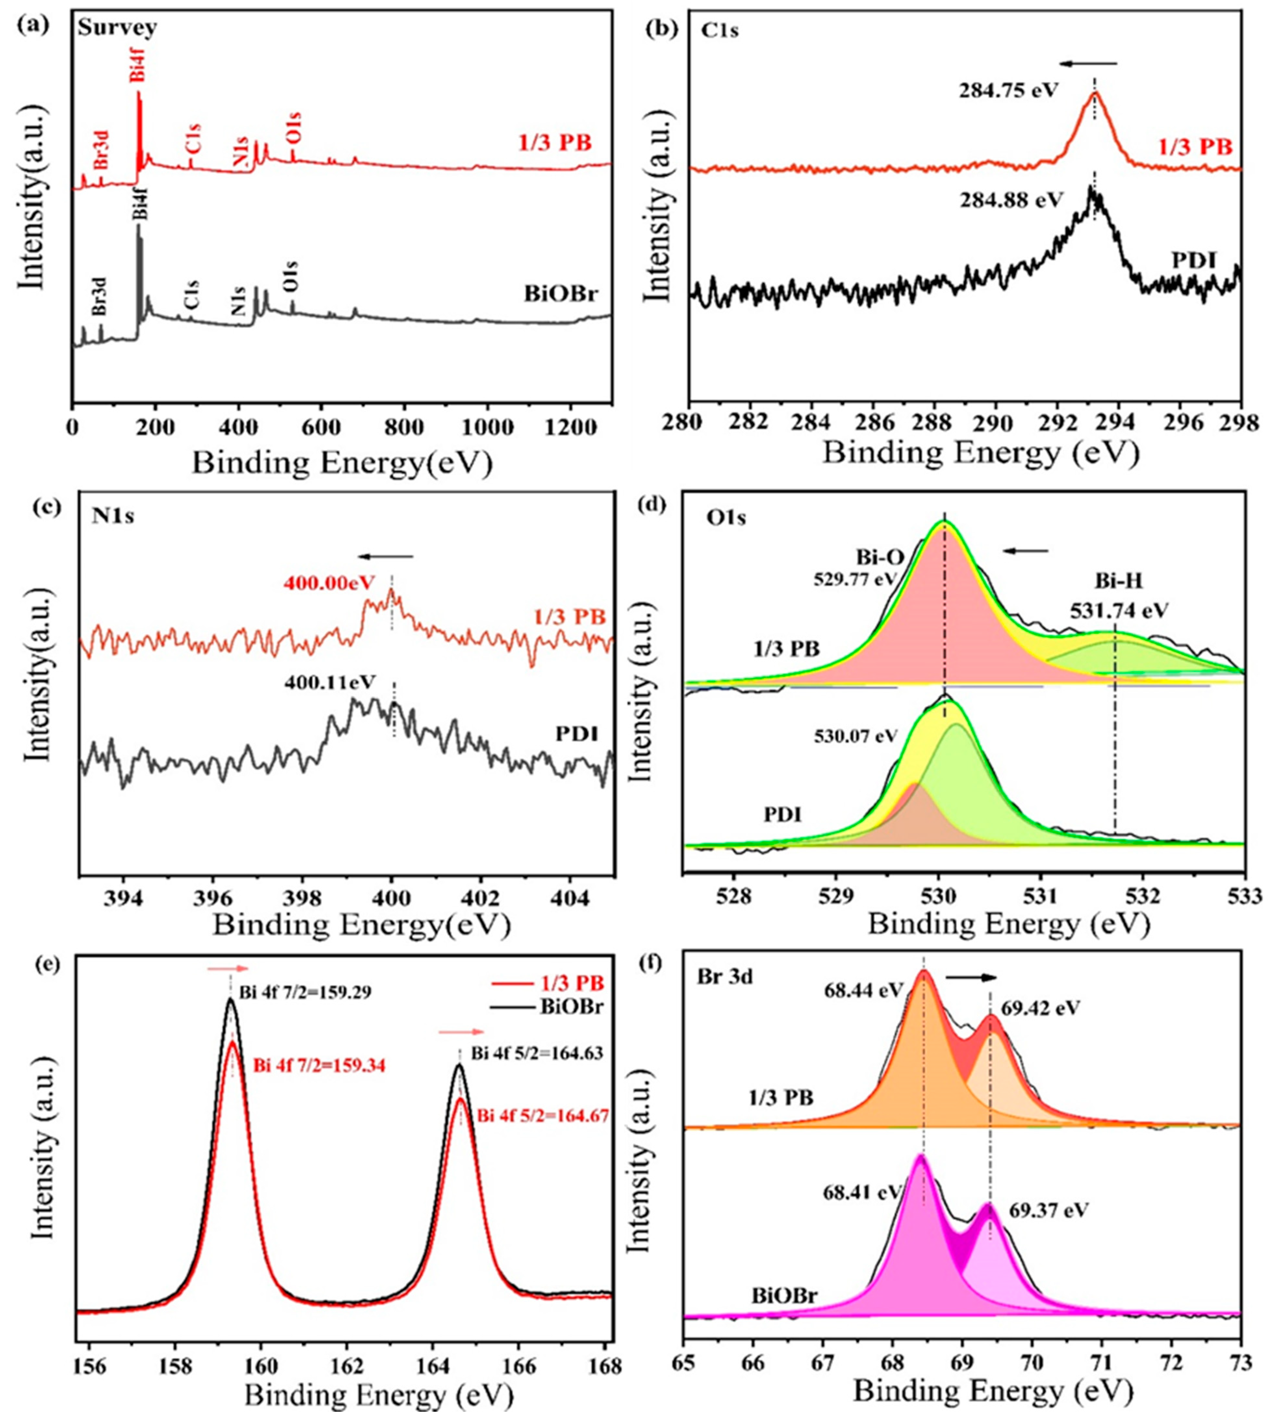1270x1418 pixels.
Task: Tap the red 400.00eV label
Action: point(329,582)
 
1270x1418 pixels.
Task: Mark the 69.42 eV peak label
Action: point(1040,1009)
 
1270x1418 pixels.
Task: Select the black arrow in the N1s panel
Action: point(385,557)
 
